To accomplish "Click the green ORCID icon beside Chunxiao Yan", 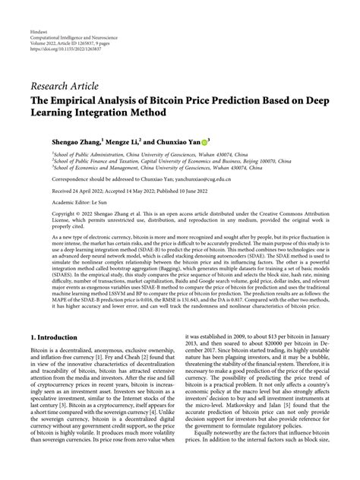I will (227, 141).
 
